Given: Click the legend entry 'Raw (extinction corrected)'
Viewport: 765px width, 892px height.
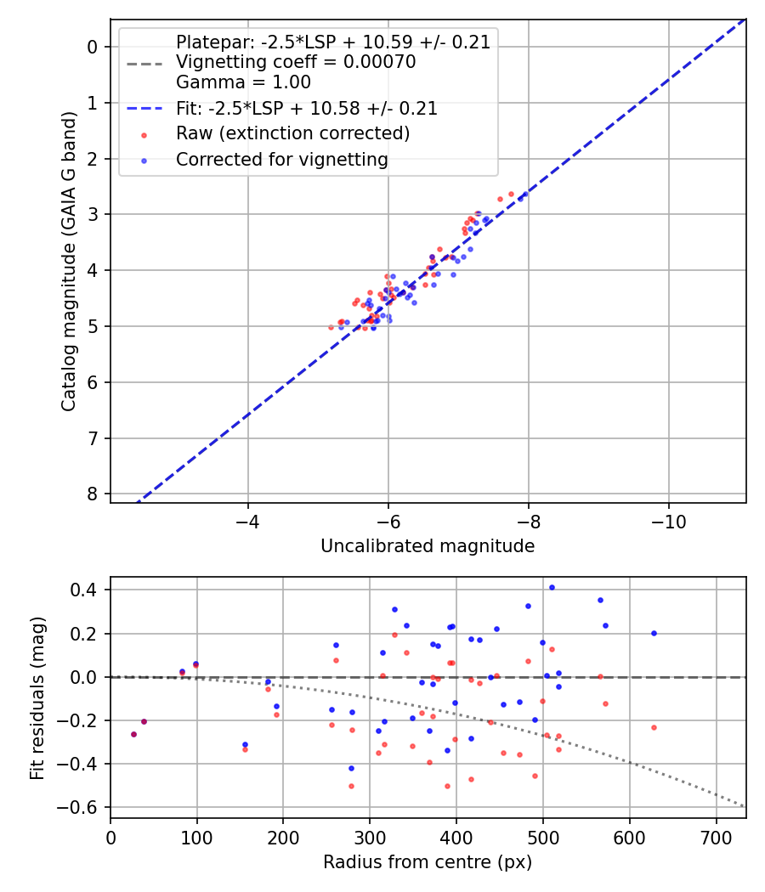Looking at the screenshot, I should coord(293,134).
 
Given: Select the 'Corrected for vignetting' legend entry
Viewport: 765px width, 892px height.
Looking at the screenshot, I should coord(281,160).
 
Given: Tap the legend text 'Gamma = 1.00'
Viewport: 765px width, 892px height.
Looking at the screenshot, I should coord(243,82).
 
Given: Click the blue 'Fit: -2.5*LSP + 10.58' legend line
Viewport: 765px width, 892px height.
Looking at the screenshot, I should coord(144,109).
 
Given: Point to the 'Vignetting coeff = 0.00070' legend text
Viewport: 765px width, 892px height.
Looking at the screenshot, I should coord(296,62).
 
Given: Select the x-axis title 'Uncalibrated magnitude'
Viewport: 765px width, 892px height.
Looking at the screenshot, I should coord(428,546).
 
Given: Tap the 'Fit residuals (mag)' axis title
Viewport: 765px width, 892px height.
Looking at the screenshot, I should coord(37,698).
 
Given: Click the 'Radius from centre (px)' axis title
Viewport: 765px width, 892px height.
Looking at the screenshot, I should coord(428,862).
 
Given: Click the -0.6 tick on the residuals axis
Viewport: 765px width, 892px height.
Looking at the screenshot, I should coord(82,808).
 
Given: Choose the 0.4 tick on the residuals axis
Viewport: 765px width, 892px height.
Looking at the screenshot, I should coord(86,590).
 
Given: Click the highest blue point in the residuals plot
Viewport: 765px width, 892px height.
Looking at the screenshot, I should coord(552,587).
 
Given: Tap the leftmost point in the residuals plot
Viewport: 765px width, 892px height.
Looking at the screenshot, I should coord(133,734).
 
